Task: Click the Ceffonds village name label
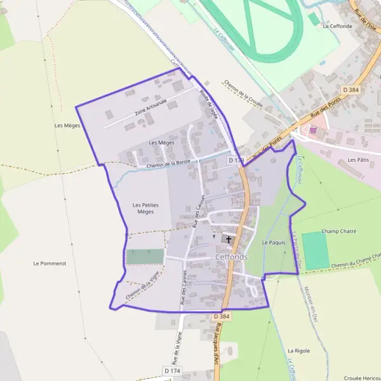pyautogui.click(x=232, y=257)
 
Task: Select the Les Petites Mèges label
pyautogui.click(x=145, y=208)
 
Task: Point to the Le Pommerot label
pyautogui.click(x=50, y=263)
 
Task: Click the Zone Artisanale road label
pyautogui.click(x=150, y=110)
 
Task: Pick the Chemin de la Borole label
pyautogui.click(x=168, y=164)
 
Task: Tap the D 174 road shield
pyautogui.click(x=172, y=370)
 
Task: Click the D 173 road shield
pyautogui.click(x=235, y=161)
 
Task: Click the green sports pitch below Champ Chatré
pyautogui.click(x=316, y=250)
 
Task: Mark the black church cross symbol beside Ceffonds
pyautogui.click(x=229, y=240)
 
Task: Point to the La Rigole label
pyautogui.click(x=298, y=351)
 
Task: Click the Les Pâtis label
pyautogui.click(x=359, y=161)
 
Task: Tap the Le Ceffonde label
pyautogui.click(x=337, y=27)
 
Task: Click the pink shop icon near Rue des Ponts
pyautogui.click(x=312, y=130)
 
